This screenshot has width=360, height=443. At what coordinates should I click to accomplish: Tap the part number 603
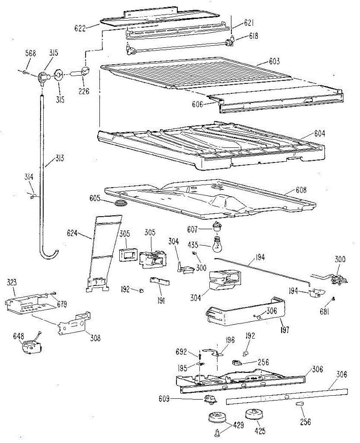[x=274, y=62]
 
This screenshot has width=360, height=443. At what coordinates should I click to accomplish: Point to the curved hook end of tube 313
[x=49, y=254]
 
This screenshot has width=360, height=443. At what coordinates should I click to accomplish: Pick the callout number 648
[x=18, y=336]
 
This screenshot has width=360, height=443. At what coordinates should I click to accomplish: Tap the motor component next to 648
[x=31, y=347]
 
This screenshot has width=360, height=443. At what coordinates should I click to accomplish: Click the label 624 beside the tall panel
[x=74, y=233]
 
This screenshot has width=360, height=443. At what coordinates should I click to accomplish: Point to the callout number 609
[x=164, y=399]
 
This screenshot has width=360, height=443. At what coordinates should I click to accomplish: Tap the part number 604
[x=319, y=134]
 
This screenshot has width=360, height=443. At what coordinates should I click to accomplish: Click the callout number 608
[x=301, y=190]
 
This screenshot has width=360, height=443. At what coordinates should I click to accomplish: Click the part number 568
[x=30, y=54]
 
